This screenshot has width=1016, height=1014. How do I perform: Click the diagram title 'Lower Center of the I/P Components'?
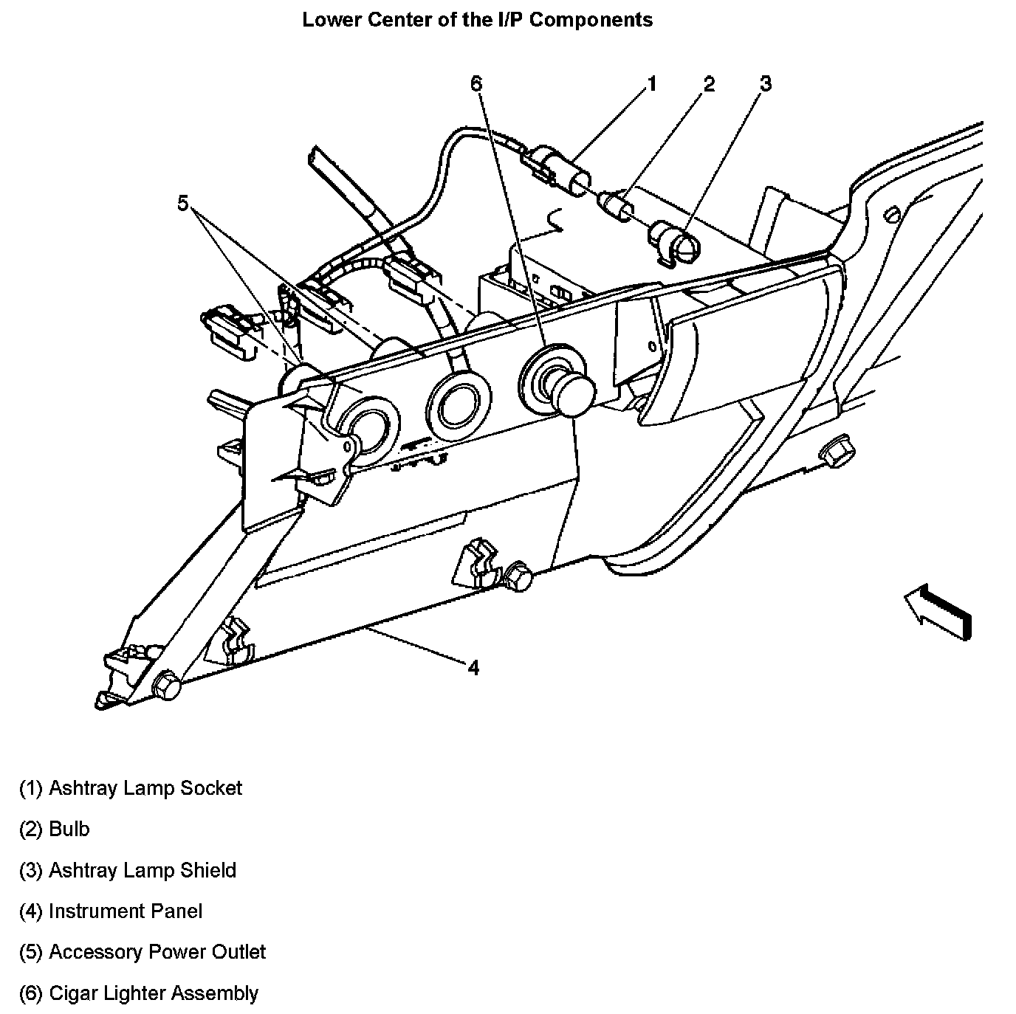coord(477,20)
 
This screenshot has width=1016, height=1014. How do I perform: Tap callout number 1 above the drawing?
coord(651,84)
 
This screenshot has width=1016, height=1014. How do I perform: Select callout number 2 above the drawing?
coord(709,84)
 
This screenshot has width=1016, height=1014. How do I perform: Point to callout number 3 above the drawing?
coord(766,84)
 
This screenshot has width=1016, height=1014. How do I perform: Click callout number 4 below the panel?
coord(473,668)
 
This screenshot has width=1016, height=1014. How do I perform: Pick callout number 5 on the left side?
coord(183,202)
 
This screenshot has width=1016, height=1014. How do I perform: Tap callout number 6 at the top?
coord(476,84)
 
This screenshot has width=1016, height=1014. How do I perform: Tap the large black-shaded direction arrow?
coord(938,610)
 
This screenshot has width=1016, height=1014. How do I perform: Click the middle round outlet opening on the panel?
coord(458,404)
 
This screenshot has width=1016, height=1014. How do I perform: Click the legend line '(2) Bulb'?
coord(54,830)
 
